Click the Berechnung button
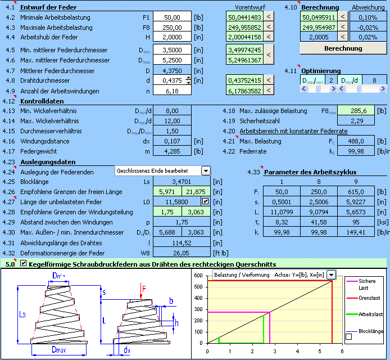click(x=343, y=48)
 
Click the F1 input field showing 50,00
click(x=172, y=17)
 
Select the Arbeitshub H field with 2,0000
click(x=172, y=37)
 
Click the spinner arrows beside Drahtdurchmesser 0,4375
click(x=188, y=80)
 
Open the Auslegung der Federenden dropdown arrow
click(x=206, y=171)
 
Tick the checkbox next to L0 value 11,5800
click(x=206, y=201)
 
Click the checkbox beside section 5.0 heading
click(x=23, y=263)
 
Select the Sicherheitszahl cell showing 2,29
click(x=356, y=121)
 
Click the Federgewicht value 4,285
click(x=172, y=151)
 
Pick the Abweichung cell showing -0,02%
click(x=368, y=28)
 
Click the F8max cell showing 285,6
click(x=356, y=111)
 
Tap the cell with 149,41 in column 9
click(x=356, y=232)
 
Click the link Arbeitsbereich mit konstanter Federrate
click(x=293, y=131)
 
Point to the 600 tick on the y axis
click(x=198, y=276)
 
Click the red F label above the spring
click(x=144, y=289)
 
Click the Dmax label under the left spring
click(x=59, y=350)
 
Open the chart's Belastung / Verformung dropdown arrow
click(x=332, y=275)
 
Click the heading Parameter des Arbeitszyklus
click(x=310, y=172)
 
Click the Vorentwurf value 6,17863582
click(x=245, y=91)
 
